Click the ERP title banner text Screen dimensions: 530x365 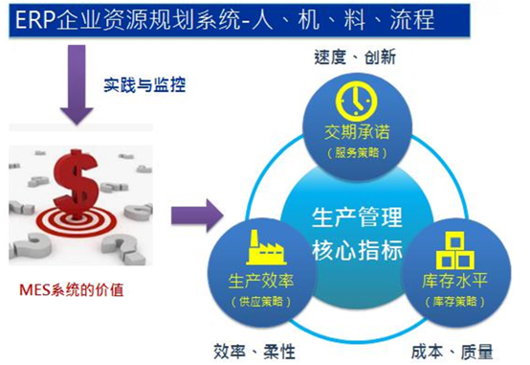(x=225, y=19)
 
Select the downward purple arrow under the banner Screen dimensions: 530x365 (x=77, y=84)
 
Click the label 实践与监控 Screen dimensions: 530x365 (x=144, y=84)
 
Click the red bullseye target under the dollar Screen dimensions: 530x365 (x=77, y=221)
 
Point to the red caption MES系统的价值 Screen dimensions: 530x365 (x=72, y=290)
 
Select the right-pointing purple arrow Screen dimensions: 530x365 (x=197, y=216)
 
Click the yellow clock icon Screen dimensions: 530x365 (x=356, y=101)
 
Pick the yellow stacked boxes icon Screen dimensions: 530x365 (x=455, y=251)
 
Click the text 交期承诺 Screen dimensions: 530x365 (x=357, y=132)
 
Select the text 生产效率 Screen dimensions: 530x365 (x=261, y=281)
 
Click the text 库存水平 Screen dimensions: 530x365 (x=454, y=281)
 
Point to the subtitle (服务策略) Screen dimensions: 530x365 (x=357, y=152)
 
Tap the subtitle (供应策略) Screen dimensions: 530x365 (x=261, y=302)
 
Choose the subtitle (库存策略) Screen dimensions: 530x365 (x=455, y=302)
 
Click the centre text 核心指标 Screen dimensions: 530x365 (x=357, y=250)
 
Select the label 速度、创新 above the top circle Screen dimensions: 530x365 (x=355, y=57)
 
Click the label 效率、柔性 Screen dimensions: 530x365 (x=254, y=352)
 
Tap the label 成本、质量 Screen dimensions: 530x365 (x=452, y=353)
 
